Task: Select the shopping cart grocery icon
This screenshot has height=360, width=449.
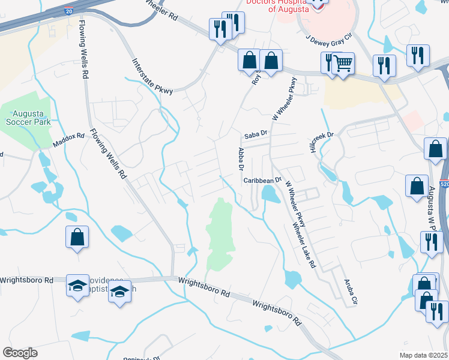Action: tap(342, 63)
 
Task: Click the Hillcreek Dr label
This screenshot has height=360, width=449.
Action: tap(321, 142)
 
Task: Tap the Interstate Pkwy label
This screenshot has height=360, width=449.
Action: tap(152, 76)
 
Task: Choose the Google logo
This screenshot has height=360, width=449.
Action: tap(20, 353)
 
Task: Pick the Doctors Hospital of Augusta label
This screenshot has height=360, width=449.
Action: tap(279, 7)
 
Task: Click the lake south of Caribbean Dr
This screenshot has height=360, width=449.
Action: tap(270, 194)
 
